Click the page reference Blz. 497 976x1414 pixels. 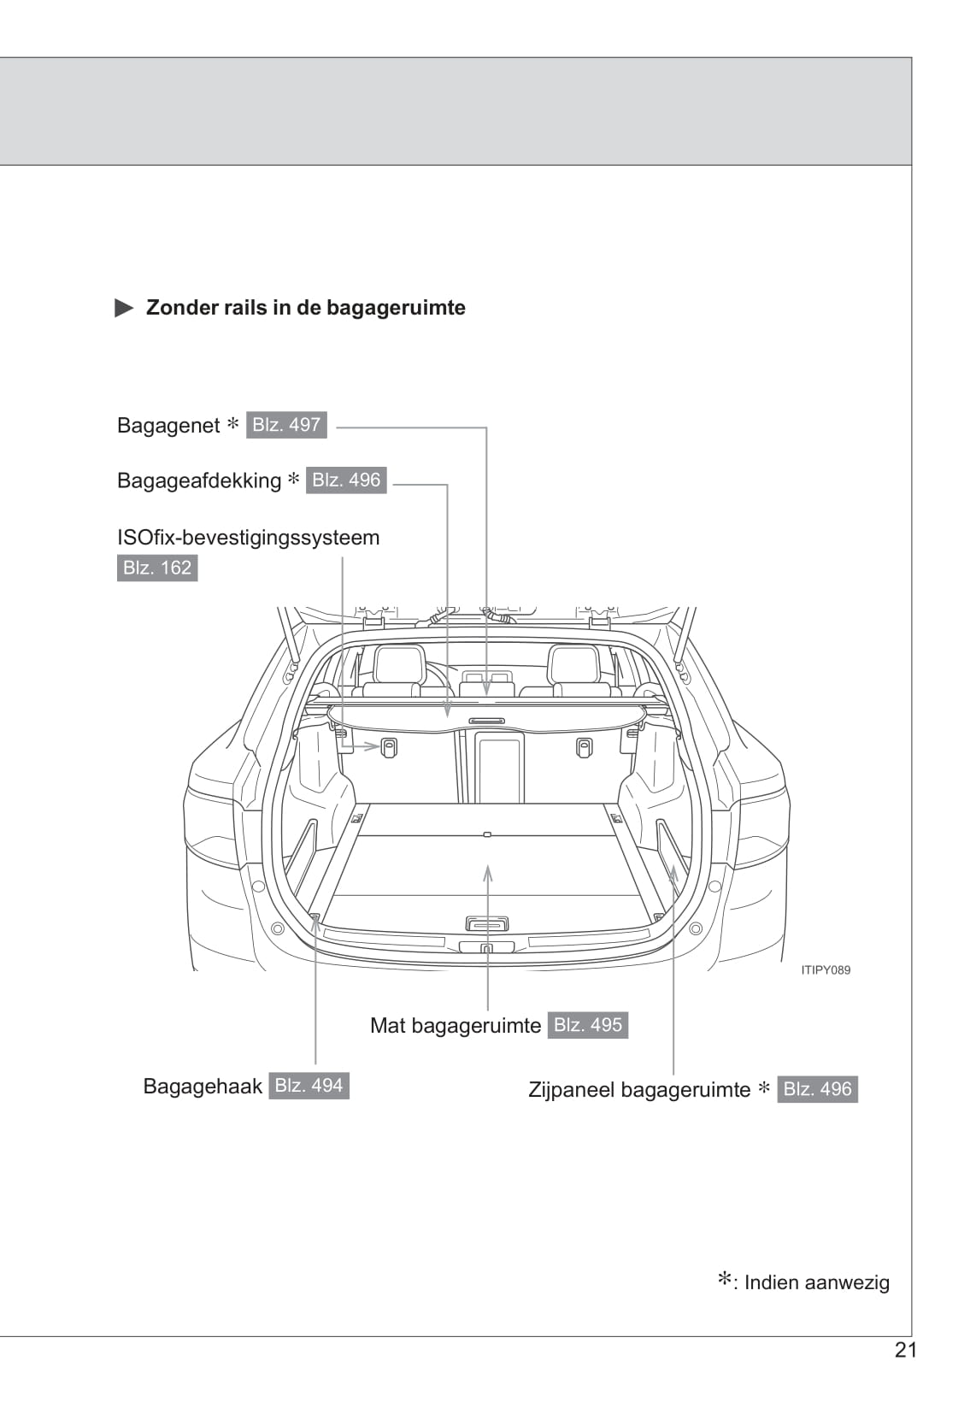[x=286, y=425]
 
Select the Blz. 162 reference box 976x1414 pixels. [x=157, y=568]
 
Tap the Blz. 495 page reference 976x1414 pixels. [x=588, y=1025]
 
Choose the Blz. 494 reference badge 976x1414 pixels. [x=309, y=1086]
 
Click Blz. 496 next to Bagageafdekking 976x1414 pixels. [x=346, y=480]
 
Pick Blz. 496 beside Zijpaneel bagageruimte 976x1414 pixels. [x=817, y=1089]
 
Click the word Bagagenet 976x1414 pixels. [x=168, y=426]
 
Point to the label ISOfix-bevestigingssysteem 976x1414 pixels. [x=248, y=538]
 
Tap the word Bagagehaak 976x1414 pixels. [x=203, y=1087]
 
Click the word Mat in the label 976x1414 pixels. [x=387, y=1026]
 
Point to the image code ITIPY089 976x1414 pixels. [x=826, y=970]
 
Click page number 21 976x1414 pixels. [x=905, y=1350]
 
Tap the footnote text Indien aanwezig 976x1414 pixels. [x=816, y=1282]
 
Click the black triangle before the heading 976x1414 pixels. [x=125, y=309]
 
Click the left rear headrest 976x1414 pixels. [x=399, y=664]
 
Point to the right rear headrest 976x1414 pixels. [x=573, y=664]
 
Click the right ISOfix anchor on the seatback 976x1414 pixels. [x=585, y=747]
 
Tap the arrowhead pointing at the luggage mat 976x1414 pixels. [x=488, y=873]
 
